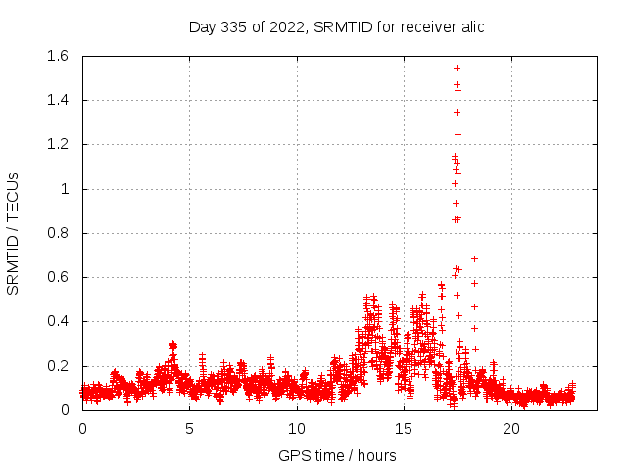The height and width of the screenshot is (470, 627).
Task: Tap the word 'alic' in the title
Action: (469, 26)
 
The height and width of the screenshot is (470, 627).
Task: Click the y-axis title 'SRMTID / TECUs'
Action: (14, 233)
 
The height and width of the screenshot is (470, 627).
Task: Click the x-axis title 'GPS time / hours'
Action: (337, 455)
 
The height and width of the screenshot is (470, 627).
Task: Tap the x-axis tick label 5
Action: (189, 428)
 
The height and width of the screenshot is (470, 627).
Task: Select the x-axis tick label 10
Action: (297, 428)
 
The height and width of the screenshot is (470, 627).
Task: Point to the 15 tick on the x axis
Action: (404, 428)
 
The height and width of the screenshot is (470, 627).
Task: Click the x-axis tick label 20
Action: (511, 428)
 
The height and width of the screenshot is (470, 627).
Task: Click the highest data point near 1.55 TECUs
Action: (457, 68)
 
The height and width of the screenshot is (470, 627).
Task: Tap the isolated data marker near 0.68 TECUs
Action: (474, 258)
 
